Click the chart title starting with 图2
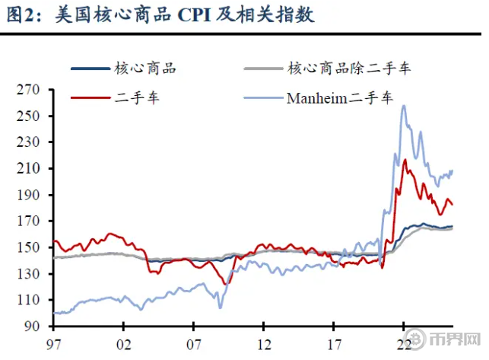160,15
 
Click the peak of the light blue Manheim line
403,106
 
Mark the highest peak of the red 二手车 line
405,159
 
